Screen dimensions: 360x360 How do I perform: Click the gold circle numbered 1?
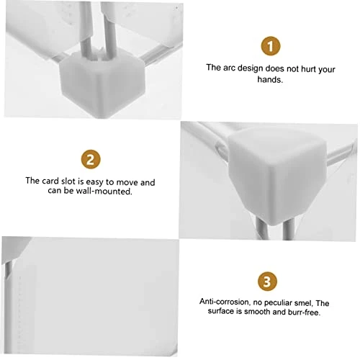(x=271, y=46)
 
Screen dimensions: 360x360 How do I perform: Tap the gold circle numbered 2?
(x=91, y=159)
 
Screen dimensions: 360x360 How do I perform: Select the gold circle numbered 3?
(x=267, y=282)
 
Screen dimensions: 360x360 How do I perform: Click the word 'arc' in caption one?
(x=229, y=68)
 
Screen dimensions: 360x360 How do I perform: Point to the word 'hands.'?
(x=270, y=79)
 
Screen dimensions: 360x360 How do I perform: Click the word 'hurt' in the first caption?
(x=308, y=69)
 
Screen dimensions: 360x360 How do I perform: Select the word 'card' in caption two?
(x=50, y=181)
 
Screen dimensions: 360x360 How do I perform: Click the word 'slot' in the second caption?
(x=68, y=181)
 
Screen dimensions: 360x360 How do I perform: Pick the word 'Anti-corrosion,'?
(x=225, y=302)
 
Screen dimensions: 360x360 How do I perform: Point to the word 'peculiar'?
(x=278, y=303)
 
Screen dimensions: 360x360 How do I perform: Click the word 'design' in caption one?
(x=250, y=68)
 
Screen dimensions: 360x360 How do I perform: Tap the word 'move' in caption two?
(x=127, y=182)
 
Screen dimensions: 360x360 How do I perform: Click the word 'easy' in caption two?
(x=95, y=182)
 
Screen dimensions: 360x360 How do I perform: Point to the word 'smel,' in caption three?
(x=304, y=303)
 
